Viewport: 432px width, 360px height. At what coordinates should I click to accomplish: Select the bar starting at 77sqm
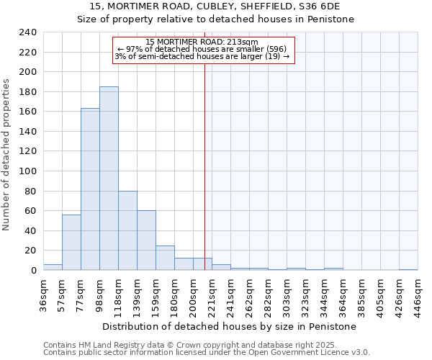[90, 189]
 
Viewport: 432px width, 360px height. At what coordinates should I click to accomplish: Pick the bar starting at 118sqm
[127, 230]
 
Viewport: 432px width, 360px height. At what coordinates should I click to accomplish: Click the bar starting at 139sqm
[146, 240]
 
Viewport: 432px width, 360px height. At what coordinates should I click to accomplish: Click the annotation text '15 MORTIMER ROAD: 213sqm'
[202, 42]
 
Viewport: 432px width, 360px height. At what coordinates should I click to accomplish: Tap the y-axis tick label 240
[27, 32]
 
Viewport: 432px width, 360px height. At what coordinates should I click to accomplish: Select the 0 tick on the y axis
[33, 271]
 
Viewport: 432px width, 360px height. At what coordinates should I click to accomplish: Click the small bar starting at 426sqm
[408, 269]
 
